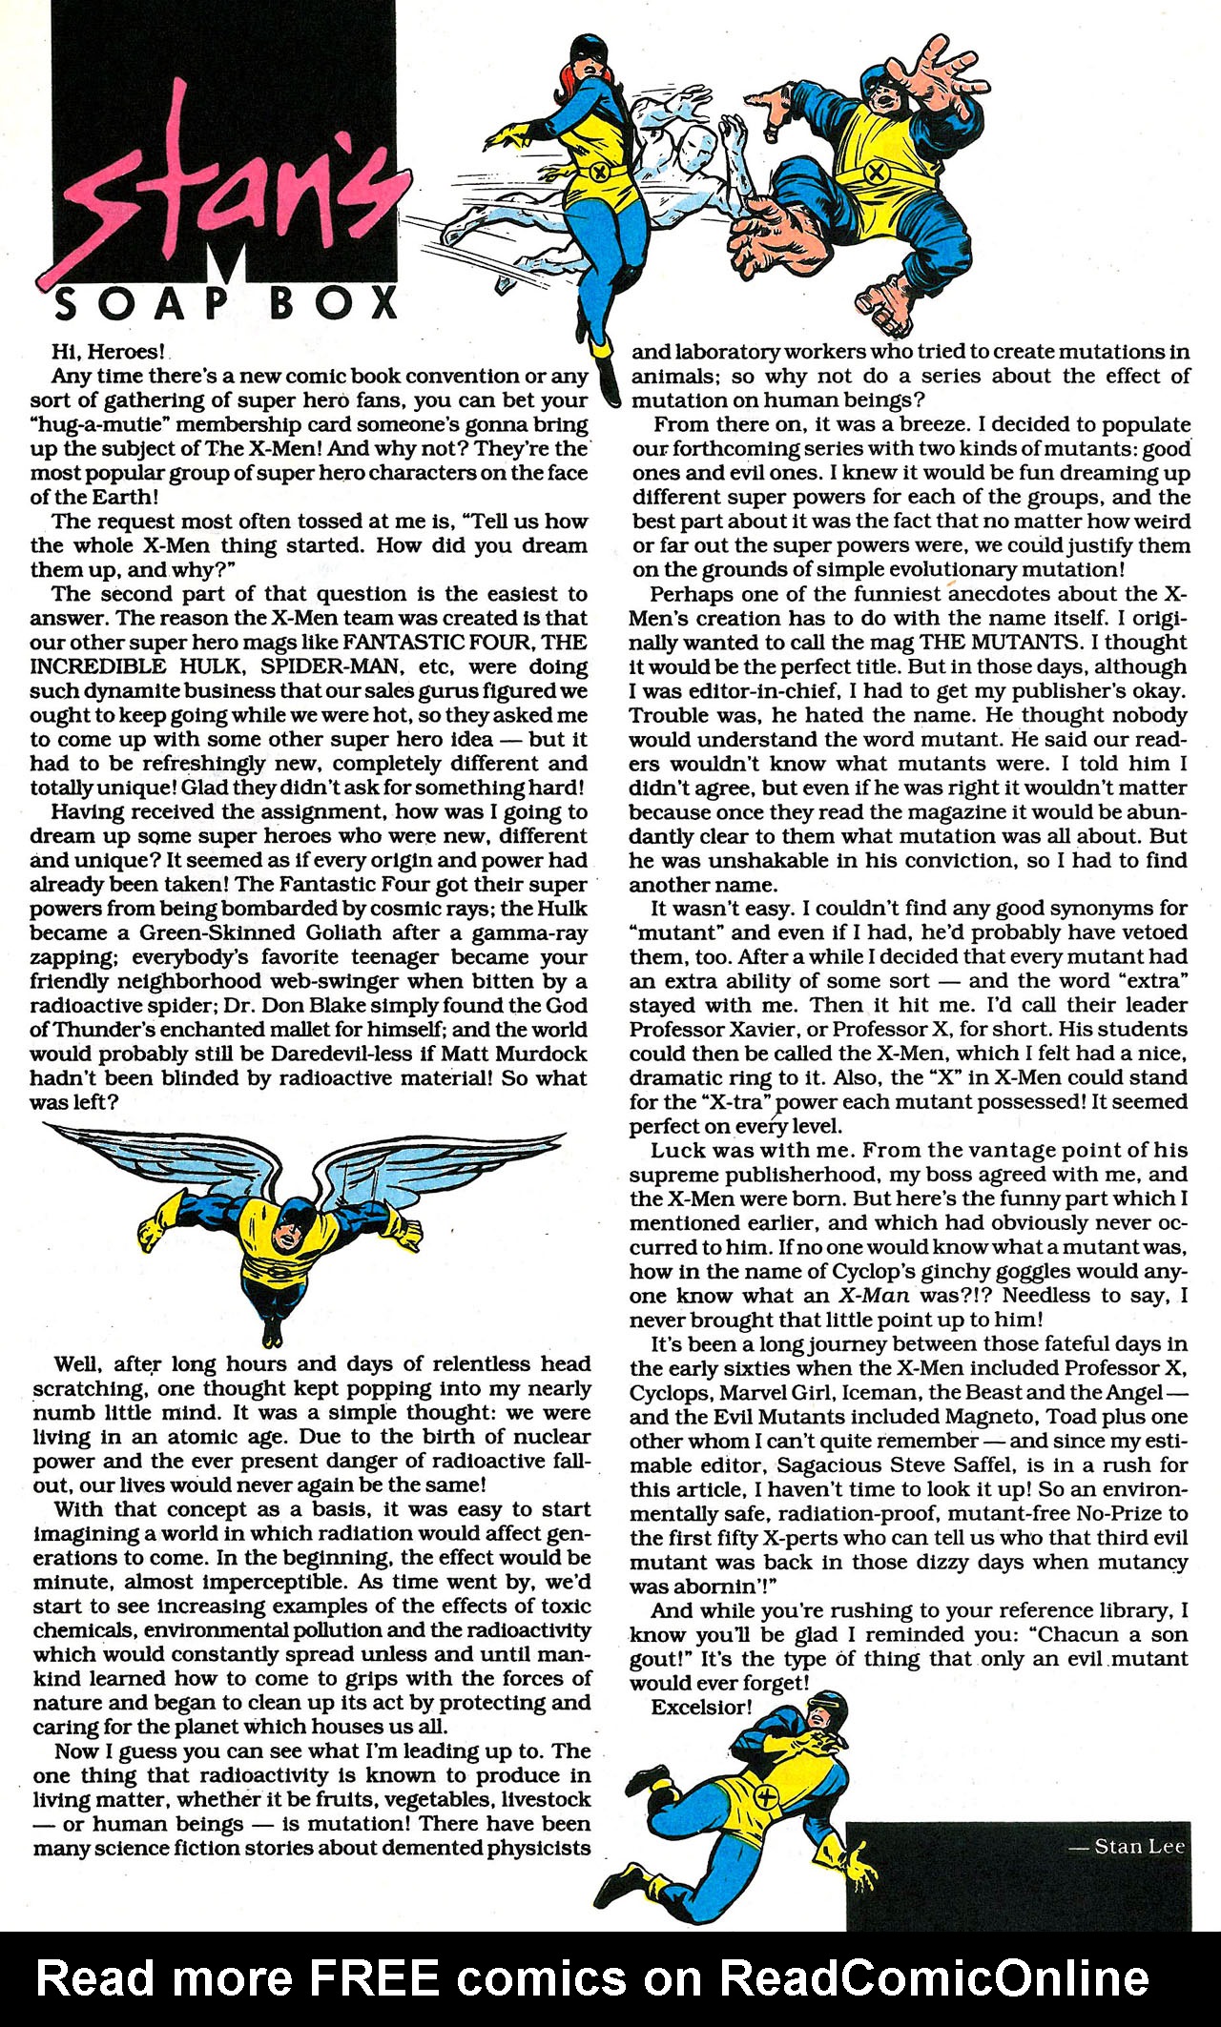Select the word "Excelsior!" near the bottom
coord(699,1707)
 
